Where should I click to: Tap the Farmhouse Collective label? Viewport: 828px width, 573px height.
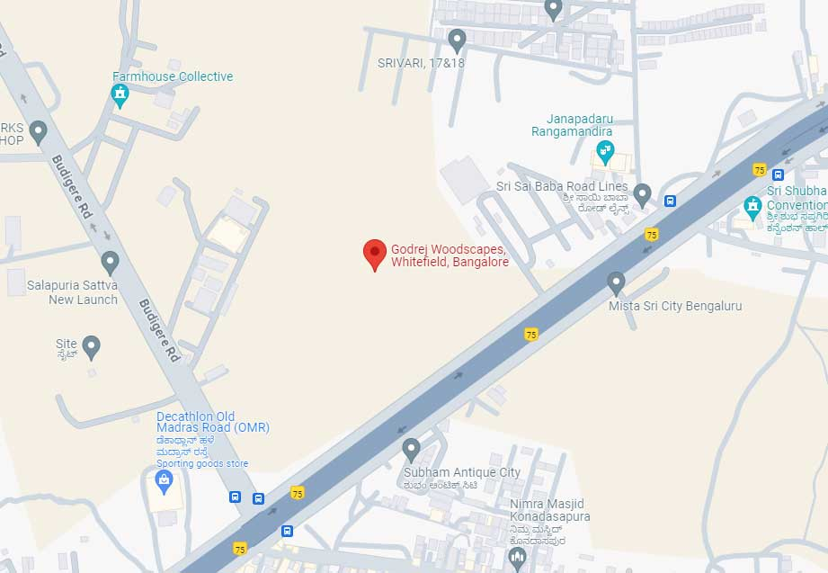(x=173, y=76)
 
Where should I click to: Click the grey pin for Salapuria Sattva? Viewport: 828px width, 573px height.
(x=111, y=263)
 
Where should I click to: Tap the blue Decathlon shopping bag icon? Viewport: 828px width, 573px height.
(x=164, y=482)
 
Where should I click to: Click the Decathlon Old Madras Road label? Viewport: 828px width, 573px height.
(x=212, y=422)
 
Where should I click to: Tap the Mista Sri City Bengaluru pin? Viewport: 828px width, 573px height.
(x=616, y=282)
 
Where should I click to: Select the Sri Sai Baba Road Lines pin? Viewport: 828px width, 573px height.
(x=642, y=192)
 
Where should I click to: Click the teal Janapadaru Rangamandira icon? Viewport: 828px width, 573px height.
(x=606, y=152)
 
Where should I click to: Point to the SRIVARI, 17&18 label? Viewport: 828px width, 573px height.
(x=422, y=63)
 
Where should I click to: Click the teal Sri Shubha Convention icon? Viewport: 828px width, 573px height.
(x=753, y=208)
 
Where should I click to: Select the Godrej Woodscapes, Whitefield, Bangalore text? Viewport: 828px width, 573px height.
(x=450, y=255)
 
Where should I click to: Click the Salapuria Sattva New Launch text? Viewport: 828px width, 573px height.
(x=72, y=291)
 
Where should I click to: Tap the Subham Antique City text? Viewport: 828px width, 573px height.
(x=461, y=472)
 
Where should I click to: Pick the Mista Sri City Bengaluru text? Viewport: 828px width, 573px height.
(x=675, y=306)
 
